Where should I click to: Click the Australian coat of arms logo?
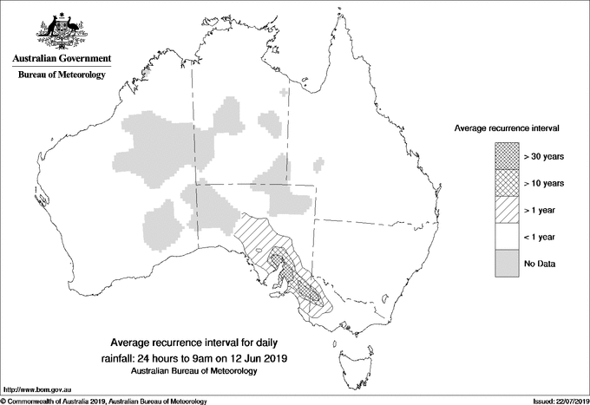pos(60,29)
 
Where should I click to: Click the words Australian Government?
pos(61,59)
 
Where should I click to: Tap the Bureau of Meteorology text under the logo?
pos(61,75)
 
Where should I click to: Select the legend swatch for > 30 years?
pos(506,156)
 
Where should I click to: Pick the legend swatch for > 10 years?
pos(506,183)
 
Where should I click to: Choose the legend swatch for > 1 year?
pos(506,210)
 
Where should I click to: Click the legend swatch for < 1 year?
pos(506,237)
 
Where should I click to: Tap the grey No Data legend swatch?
pos(506,264)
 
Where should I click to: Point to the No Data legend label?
pos(540,264)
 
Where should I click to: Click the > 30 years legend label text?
pos(545,156)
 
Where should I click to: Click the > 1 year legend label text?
pos(542,210)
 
